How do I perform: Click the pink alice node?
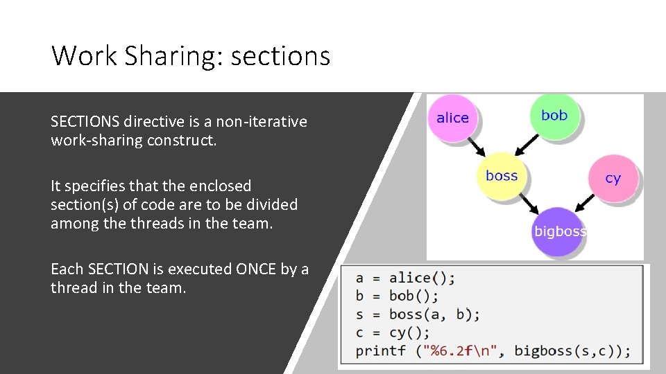[453, 118]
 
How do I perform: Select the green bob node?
[554, 116]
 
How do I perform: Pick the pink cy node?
[613, 178]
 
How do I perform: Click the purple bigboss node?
[560, 231]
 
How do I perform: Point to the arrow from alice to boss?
[476, 147]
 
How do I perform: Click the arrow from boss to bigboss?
[530, 204]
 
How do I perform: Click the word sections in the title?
[280, 55]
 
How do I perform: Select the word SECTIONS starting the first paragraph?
[85, 122]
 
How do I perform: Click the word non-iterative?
[262, 122]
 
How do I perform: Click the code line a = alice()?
[405, 278]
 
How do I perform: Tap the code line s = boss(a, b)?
[418, 314]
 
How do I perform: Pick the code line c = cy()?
[393, 332]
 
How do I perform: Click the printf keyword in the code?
[381, 350]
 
